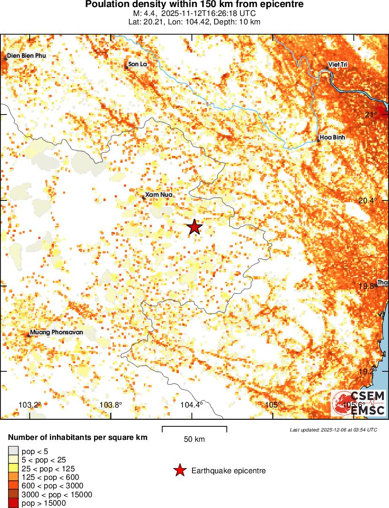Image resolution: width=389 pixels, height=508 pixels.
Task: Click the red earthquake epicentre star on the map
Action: click(195, 227)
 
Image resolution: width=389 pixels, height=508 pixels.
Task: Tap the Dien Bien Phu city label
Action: click(26, 56)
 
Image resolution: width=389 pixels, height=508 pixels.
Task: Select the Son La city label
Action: click(138, 64)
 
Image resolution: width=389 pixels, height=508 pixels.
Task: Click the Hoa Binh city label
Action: click(333, 138)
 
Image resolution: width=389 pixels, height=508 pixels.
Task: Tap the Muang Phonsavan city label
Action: click(56, 332)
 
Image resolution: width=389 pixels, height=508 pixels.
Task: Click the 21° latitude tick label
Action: click(371, 115)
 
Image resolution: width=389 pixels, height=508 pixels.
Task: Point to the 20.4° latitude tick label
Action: click(367, 200)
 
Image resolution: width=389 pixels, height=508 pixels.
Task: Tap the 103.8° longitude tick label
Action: click(111, 405)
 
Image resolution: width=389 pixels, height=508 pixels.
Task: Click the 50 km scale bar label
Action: click(194, 439)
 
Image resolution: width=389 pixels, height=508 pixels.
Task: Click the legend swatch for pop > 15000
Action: click(14, 503)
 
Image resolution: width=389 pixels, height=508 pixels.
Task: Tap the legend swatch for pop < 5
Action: click(14, 452)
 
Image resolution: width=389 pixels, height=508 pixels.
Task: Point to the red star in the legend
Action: click(179, 470)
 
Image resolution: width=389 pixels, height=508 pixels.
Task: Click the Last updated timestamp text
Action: click(333, 430)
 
